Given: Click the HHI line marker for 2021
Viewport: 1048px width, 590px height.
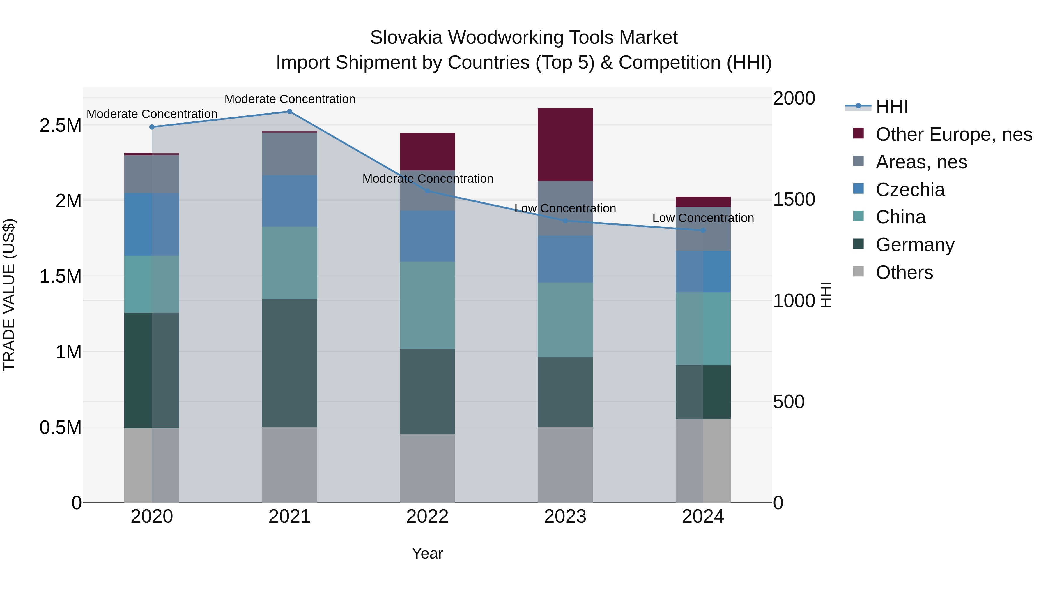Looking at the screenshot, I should [x=290, y=112].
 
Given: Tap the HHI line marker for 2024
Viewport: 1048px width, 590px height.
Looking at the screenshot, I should [x=703, y=230].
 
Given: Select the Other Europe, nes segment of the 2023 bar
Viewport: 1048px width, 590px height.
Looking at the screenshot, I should [x=565, y=145].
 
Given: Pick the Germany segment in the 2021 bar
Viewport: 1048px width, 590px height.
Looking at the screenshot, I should [x=290, y=363].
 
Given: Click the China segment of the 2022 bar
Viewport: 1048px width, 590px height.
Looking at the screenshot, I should [x=427, y=305].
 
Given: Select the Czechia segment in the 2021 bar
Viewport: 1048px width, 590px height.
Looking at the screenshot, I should [x=290, y=201].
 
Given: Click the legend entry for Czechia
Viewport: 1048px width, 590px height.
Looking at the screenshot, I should [x=910, y=190].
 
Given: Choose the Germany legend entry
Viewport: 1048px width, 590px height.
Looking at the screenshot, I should [x=915, y=245].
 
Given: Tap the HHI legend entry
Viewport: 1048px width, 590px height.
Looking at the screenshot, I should [x=892, y=107].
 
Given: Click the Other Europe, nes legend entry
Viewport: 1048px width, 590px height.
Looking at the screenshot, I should [x=954, y=134].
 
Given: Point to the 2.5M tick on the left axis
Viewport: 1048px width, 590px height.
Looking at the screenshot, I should [x=61, y=125].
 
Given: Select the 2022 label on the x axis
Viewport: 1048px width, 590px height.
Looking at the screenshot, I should [x=427, y=517].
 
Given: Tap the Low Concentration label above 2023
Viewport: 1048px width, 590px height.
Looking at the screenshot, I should [x=565, y=209].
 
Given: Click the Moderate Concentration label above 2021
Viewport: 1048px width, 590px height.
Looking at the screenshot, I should [x=290, y=99].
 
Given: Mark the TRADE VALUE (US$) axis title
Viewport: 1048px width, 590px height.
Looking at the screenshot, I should [x=9, y=295].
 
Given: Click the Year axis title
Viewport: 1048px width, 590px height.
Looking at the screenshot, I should [x=427, y=553].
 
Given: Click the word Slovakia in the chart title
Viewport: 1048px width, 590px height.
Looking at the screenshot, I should [x=406, y=38].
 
